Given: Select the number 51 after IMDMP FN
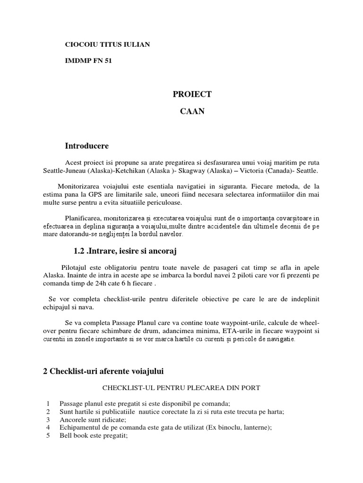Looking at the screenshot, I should [x=108, y=61].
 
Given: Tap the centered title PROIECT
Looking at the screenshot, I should [x=192, y=94].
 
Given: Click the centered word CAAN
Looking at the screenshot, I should [x=192, y=112].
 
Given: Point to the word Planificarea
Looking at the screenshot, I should [x=83, y=218].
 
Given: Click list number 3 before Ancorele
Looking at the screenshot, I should [x=48, y=420].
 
